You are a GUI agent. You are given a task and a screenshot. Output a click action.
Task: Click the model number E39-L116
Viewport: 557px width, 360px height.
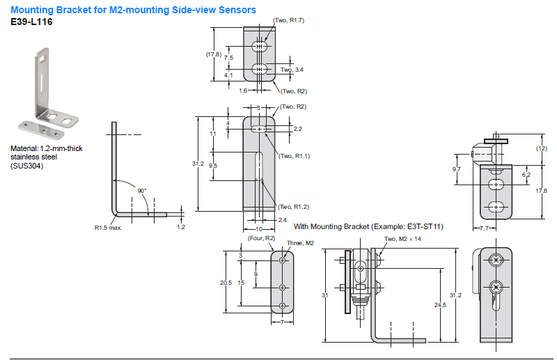31,22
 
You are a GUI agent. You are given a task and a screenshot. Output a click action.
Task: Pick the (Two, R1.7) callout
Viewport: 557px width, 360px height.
288,20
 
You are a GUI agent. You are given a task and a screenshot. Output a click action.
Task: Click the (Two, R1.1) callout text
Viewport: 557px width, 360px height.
293,156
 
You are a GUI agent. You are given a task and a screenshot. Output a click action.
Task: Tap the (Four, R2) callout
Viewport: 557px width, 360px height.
262,238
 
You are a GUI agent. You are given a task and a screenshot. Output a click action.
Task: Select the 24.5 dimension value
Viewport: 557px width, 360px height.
439,305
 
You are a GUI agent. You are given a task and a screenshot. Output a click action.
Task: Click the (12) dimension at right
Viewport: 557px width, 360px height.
541,149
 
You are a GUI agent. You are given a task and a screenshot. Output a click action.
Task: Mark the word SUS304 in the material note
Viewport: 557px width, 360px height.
26,166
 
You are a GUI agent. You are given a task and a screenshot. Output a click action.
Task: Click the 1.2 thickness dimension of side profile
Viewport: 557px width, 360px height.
181,226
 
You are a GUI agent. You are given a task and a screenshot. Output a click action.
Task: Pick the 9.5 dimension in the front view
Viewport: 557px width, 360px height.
213,165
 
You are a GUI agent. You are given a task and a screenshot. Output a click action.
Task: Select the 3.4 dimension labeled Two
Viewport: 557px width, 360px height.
295,70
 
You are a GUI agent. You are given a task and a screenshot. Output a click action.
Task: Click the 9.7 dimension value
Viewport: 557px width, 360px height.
456,169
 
